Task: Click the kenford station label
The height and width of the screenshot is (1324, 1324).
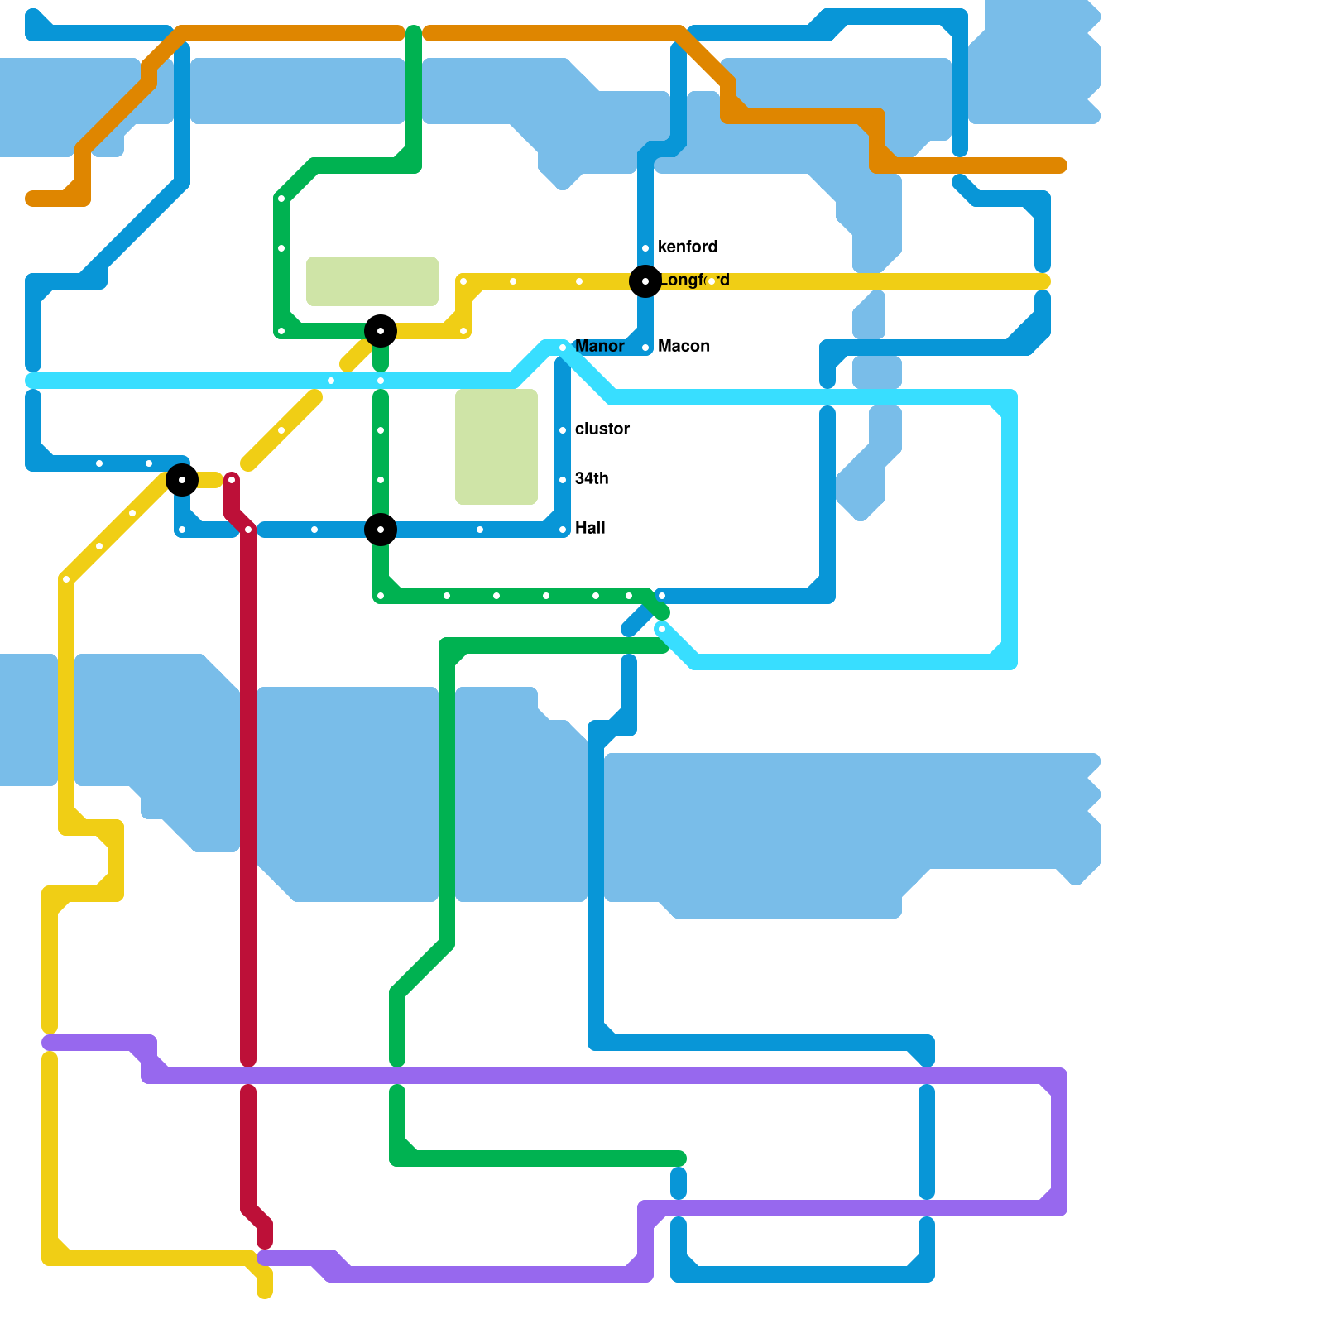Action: (687, 247)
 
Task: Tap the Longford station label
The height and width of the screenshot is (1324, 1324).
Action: (695, 281)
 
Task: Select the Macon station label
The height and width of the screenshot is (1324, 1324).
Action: (684, 346)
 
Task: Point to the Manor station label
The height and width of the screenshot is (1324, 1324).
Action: (599, 346)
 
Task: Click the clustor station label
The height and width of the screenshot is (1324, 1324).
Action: (602, 429)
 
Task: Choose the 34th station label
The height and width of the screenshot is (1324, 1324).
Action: (592, 478)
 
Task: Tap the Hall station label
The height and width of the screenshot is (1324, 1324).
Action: (590, 528)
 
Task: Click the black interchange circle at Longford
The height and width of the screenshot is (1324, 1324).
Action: (645, 281)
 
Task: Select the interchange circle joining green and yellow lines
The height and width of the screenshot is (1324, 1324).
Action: (381, 331)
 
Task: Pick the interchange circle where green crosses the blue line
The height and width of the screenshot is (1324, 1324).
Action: (381, 530)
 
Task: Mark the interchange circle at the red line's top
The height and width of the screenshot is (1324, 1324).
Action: (182, 480)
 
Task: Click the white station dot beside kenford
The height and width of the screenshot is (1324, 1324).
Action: (645, 248)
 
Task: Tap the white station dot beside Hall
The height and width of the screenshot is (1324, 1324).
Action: (563, 530)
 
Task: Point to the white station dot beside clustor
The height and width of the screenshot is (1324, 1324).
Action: (563, 430)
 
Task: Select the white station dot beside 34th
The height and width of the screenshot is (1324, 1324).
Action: (563, 480)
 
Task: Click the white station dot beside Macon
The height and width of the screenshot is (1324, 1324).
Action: (645, 348)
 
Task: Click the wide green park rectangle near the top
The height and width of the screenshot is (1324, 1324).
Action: (372, 281)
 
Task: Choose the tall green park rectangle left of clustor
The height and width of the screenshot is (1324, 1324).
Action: (496, 447)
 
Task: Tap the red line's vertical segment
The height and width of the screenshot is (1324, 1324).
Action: (248, 786)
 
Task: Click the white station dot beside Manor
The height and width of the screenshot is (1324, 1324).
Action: (563, 348)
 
